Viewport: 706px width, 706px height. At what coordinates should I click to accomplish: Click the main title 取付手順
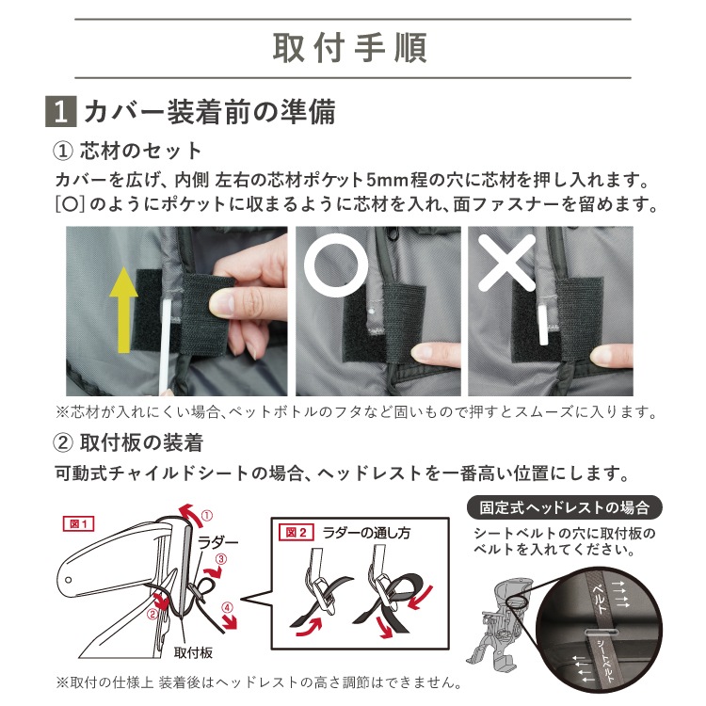coord(350,48)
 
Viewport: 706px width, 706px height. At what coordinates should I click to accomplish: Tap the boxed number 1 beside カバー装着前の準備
coord(61,111)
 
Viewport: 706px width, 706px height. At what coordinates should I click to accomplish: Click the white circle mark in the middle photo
coord(336,265)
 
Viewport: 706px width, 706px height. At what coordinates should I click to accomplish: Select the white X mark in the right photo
coord(506,263)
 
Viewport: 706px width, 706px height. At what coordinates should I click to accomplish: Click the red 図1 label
coord(78,524)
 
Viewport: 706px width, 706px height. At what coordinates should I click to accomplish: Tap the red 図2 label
coord(296,533)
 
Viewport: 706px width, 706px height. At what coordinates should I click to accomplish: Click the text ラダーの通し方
coord(366,533)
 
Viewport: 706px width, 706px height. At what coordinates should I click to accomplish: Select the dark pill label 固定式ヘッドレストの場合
coord(565,508)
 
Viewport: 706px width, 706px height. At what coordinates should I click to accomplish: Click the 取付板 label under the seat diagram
coord(193,652)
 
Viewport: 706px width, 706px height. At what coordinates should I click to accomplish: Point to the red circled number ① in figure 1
coord(207,516)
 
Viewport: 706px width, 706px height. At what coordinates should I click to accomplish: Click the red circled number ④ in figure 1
coord(228,608)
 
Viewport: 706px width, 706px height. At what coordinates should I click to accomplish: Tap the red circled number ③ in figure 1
coord(221,559)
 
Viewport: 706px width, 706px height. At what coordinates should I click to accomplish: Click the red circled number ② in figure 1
coord(152,613)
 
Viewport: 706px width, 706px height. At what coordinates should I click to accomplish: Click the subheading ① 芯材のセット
coord(127,151)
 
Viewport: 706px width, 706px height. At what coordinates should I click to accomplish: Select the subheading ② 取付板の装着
coord(128,442)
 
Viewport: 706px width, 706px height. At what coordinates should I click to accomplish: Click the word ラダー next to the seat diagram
coord(217,542)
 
